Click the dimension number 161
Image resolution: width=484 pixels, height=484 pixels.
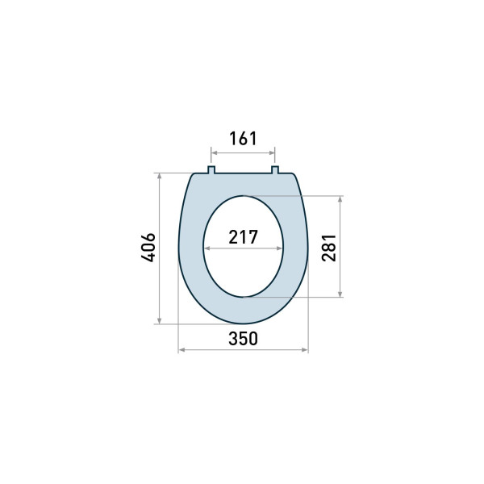[243, 139]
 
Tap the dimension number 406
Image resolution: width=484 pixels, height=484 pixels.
[148, 248]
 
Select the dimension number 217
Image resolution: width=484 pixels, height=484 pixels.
[243, 237]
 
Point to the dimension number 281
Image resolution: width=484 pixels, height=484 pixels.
[329, 248]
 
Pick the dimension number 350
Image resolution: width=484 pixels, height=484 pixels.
[243, 338]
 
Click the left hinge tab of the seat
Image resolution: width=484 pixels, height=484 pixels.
[211, 170]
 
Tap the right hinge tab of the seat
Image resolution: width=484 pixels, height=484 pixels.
[275, 170]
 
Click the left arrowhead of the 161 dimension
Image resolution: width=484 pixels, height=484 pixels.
[214, 152]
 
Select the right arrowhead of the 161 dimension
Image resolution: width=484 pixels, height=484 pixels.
[272, 152]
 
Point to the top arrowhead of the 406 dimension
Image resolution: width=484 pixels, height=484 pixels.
[159, 176]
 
